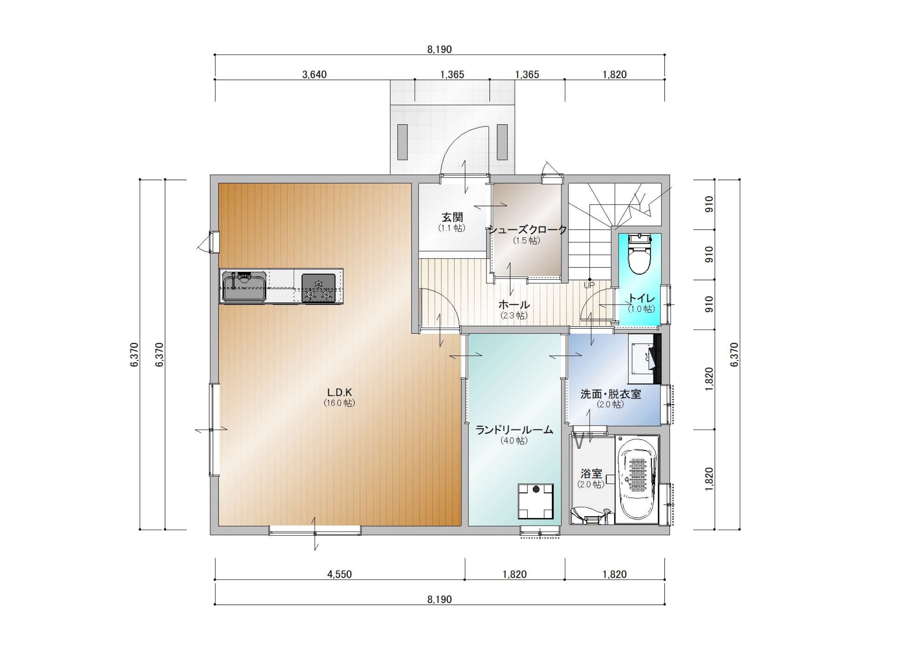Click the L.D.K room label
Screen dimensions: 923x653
coord(340,392)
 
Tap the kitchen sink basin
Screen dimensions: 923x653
coord(244,286)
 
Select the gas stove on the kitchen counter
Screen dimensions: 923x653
coord(318,288)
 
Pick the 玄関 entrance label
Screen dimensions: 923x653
coord(452,218)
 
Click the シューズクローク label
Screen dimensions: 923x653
coord(528,230)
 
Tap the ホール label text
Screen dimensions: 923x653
coord(514,305)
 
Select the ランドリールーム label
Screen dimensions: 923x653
coord(514,430)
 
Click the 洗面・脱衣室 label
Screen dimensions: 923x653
coord(610,394)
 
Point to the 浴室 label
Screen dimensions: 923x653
coord(592,473)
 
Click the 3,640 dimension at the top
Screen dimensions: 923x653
coord(314,74)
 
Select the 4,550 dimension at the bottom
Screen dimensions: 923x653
coord(339,574)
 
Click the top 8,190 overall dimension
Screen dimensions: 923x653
coord(439,49)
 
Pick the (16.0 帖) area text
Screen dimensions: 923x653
coord(340,403)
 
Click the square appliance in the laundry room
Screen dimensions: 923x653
coord(536,502)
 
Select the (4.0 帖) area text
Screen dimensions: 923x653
coord(514,441)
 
